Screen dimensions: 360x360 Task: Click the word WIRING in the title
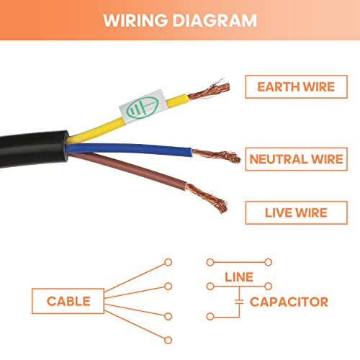click(x=135, y=20)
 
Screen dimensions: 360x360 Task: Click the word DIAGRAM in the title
click(x=215, y=20)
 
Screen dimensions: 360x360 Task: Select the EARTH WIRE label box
click(x=296, y=86)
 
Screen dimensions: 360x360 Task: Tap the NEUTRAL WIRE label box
click(x=296, y=159)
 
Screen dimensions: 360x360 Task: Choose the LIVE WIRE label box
click(x=296, y=212)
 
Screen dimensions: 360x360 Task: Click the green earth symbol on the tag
click(x=143, y=108)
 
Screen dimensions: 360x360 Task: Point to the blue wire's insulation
click(x=130, y=149)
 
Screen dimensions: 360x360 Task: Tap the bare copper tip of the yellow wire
click(x=209, y=91)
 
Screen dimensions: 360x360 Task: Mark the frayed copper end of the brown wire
click(x=207, y=198)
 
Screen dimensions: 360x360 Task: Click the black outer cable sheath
click(x=34, y=149)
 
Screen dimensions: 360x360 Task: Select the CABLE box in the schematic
click(x=68, y=301)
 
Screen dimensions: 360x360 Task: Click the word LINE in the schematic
click(x=239, y=277)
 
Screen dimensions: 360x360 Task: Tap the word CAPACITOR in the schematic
click(x=289, y=302)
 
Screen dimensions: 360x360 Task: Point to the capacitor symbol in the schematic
click(x=239, y=302)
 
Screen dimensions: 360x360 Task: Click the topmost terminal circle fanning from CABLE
click(x=168, y=262)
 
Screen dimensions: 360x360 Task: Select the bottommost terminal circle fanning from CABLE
click(x=168, y=340)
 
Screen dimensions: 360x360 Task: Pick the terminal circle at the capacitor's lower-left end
click(x=210, y=317)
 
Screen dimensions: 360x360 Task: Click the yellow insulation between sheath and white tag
click(x=96, y=131)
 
